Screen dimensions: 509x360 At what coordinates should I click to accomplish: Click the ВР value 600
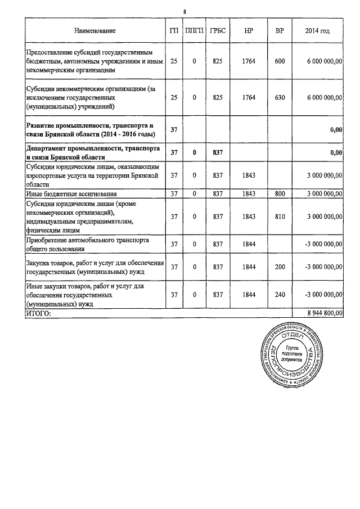(280, 61)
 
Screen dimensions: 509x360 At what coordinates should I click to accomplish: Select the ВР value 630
(280, 97)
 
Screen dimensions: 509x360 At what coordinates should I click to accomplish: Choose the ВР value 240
(280, 294)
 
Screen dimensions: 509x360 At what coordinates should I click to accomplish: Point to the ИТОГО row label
(39, 313)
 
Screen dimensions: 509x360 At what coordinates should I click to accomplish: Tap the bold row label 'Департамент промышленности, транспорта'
(94, 148)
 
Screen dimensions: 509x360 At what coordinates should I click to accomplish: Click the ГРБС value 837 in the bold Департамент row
(217, 152)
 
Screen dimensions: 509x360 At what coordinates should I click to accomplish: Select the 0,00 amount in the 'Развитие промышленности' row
(336, 130)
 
